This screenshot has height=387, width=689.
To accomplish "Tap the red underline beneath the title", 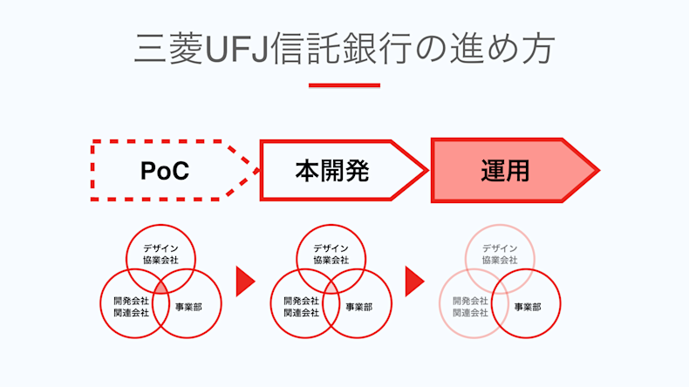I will [x=344, y=85].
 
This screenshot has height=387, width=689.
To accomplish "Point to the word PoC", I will [x=164, y=171].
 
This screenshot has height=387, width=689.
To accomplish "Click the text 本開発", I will [x=331, y=171].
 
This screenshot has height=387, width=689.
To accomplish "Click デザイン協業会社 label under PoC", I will [x=160, y=254].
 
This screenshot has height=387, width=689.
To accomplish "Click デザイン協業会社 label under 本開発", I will [x=331, y=254].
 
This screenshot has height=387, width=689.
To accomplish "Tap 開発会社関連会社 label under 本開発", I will [x=301, y=306].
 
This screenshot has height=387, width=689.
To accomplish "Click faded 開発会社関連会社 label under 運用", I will [x=470, y=306].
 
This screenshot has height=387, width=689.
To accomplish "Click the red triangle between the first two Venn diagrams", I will [x=245, y=281].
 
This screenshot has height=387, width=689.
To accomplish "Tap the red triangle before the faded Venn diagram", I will [x=414, y=281].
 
